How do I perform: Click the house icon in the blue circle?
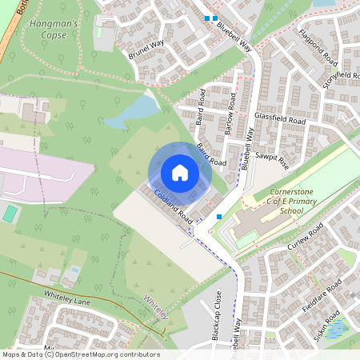click(x=180, y=173)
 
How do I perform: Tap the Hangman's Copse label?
click(x=52, y=30)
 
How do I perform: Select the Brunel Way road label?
click(x=146, y=50)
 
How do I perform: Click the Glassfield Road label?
click(x=280, y=118)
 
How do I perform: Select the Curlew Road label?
click(x=304, y=239)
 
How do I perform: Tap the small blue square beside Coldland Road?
click(x=219, y=216)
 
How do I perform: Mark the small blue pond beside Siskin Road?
click(x=338, y=326)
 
